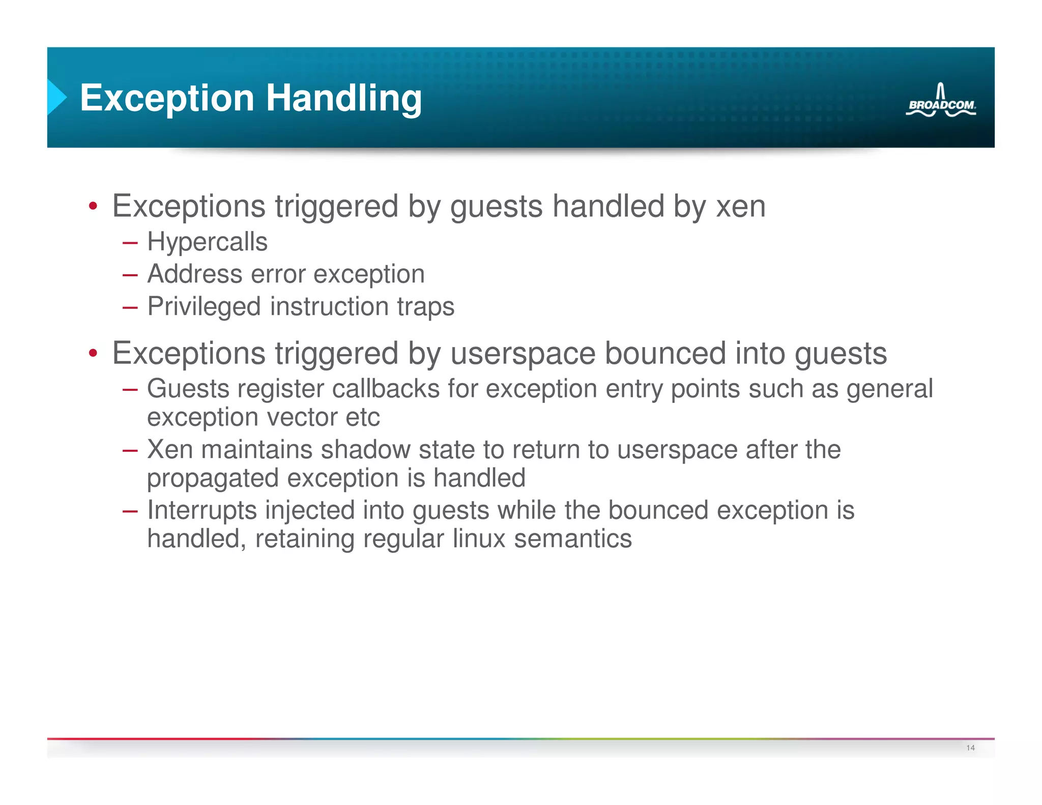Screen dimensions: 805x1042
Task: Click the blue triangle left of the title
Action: [56, 97]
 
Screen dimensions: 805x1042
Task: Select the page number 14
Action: [970, 747]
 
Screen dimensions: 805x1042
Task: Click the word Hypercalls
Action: [207, 242]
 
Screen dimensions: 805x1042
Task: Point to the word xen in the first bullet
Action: [740, 206]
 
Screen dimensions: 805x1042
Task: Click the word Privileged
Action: [204, 306]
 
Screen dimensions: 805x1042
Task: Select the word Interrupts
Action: [202, 510]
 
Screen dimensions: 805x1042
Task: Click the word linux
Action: [479, 538]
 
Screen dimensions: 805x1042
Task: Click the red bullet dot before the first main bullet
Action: [93, 207]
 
